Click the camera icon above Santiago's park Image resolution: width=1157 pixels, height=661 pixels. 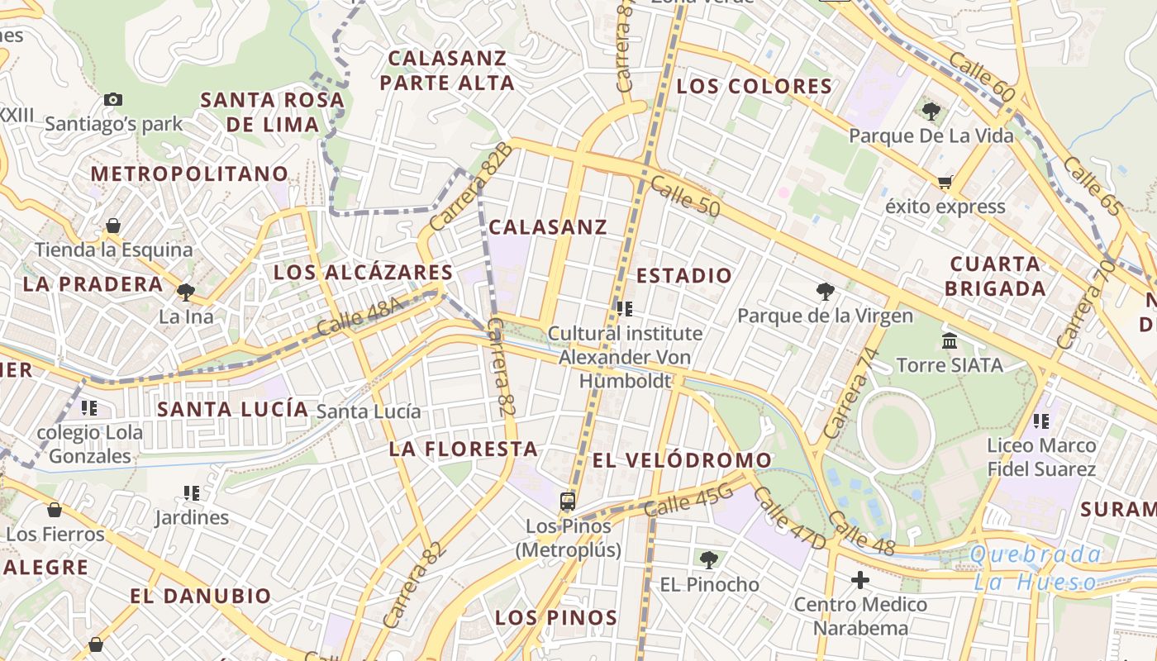(113, 100)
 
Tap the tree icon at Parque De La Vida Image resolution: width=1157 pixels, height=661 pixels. (931, 111)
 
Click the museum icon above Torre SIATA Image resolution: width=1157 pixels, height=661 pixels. (950, 340)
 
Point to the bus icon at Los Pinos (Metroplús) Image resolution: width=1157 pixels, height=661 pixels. (568, 501)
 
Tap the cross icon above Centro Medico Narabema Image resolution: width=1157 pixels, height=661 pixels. (860, 580)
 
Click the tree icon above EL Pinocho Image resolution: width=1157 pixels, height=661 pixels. (708, 560)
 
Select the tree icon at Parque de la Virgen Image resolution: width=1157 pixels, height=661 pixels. (824, 291)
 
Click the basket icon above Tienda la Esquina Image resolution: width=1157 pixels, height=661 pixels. (113, 226)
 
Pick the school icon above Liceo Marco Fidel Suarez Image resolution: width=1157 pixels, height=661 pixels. (1041, 421)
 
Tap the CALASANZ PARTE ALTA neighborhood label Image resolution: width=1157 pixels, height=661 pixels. (447, 70)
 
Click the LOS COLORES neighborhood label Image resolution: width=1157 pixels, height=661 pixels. (755, 87)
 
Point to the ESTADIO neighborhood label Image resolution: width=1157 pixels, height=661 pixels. (684, 275)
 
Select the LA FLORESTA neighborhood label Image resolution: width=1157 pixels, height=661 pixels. (464, 449)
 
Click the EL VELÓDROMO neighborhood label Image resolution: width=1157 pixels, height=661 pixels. (682, 460)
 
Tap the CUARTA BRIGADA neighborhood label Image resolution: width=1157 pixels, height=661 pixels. (996, 276)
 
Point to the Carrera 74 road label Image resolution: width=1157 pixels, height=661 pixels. (848, 393)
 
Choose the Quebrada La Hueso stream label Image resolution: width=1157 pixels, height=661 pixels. (1036, 568)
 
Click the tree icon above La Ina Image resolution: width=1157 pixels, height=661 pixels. (186, 292)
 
